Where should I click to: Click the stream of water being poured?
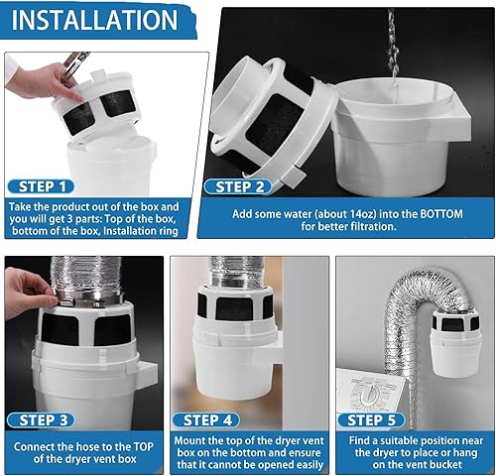pos(391,40)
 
